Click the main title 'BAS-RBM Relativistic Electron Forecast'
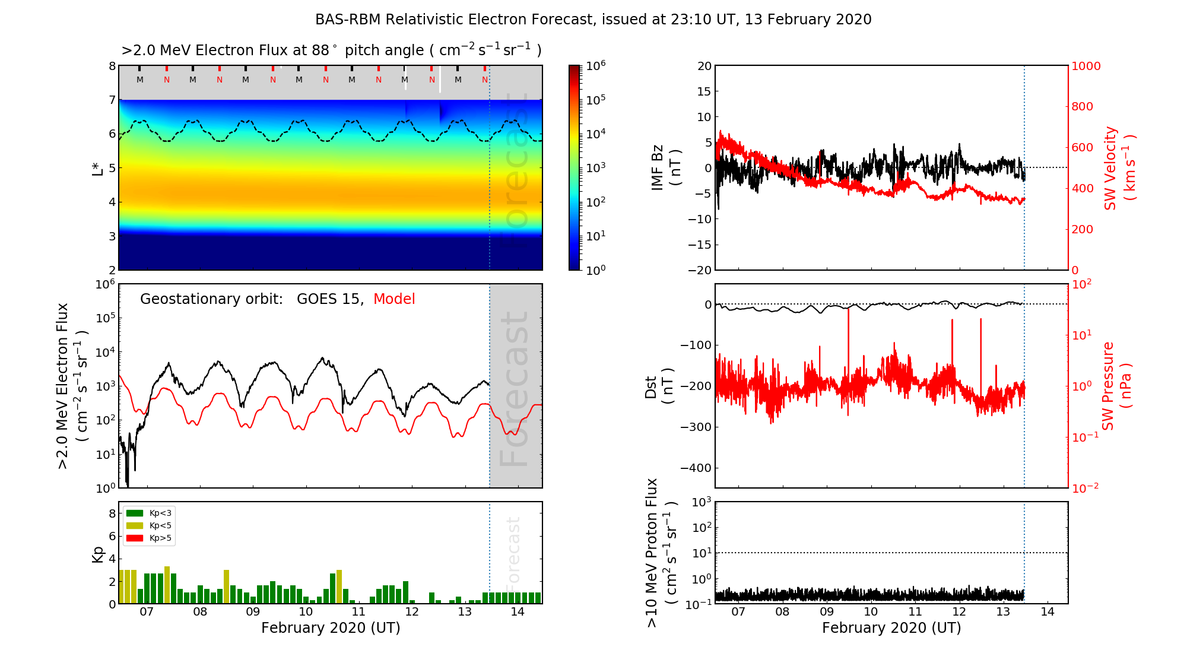click(593, 20)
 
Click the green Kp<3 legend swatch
click(135, 513)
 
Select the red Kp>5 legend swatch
click(135, 538)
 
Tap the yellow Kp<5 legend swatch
click(135, 525)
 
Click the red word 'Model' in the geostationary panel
click(394, 299)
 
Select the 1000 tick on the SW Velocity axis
click(1086, 66)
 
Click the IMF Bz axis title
click(665, 168)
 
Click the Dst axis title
click(658, 386)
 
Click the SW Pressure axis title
click(1116, 386)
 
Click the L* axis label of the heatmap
click(98, 168)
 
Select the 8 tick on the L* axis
click(112, 66)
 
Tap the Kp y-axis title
click(98, 554)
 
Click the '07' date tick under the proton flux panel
click(738, 612)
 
